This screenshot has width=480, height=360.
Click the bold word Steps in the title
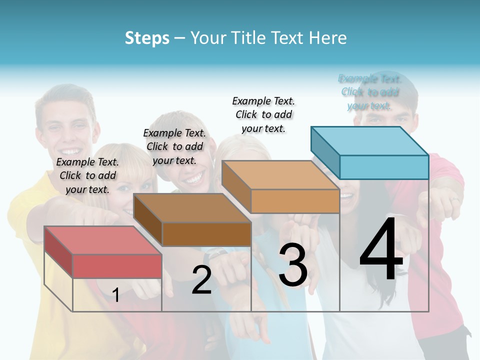point(147,38)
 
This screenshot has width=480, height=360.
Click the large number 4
point(381,249)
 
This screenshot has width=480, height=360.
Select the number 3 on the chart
point(293,265)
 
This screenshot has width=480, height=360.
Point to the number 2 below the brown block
point(201,280)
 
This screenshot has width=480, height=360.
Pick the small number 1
point(115,295)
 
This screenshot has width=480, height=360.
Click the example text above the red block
point(88,175)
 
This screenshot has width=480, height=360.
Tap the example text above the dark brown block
point(174,146)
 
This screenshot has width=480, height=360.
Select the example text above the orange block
point(263,114)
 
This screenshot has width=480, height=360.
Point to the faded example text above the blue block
point(370,92)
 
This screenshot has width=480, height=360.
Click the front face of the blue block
point(384,167)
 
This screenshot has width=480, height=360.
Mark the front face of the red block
point(117,266)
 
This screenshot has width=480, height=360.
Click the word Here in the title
point(328,38)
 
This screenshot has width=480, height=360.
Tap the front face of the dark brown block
point(206,234)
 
